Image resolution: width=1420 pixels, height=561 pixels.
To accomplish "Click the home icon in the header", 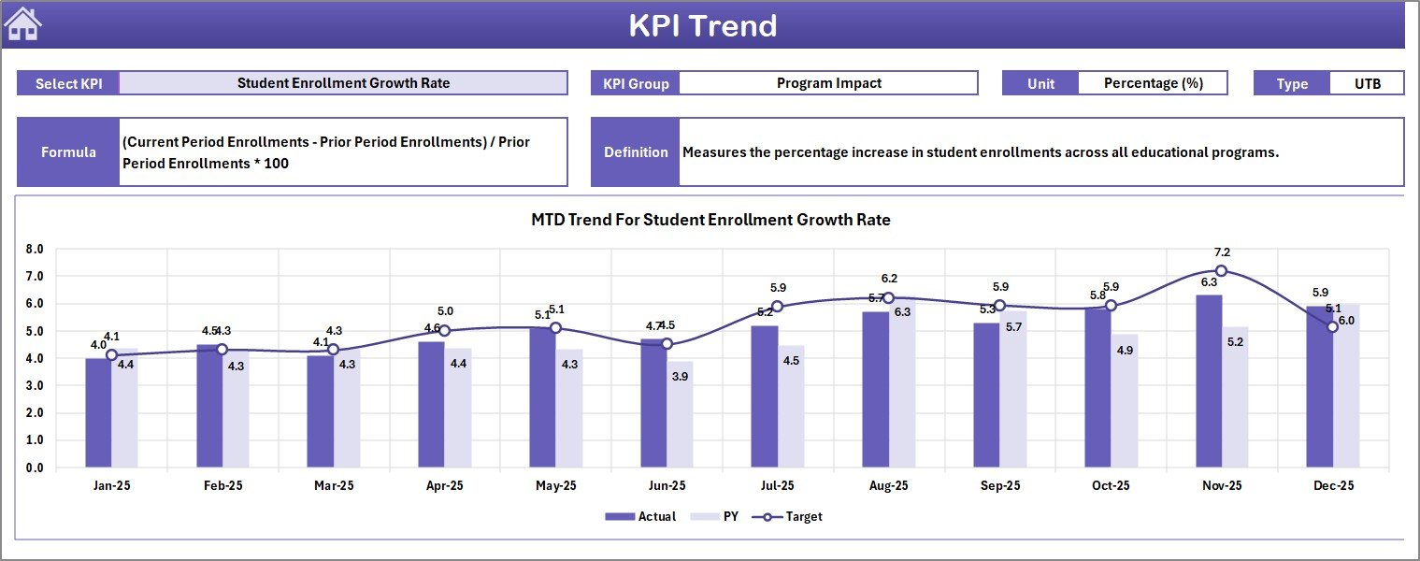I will click(x=23, y=24).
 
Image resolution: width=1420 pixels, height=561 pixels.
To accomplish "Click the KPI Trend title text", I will click(x=702, y=25).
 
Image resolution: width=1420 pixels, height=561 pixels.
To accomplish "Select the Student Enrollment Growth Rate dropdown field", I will click(x=343, y=83).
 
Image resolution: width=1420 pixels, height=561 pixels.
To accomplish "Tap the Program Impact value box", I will click(x=828, y=83).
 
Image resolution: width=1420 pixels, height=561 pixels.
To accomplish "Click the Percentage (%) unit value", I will click(x=1153, y=83).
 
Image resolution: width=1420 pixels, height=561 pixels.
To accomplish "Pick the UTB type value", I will click(x=1367, y=83).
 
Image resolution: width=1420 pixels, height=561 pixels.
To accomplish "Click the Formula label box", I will click(x=68, y=152).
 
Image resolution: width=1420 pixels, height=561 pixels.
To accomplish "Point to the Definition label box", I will click(x=636, y=152).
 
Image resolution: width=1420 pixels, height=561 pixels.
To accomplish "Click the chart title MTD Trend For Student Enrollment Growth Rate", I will click(x=710, y=221).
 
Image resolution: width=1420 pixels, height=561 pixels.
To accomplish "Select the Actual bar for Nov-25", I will click(x=1208, y=381).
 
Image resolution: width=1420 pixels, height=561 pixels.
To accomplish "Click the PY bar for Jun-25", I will click(x=681, y=414).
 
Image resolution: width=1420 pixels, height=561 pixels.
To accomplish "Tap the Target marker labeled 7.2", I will click(x=1221, y=270).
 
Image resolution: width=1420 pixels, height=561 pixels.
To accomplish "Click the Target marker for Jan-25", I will click(x=111, y=355).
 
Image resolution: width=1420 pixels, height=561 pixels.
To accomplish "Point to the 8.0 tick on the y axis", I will click(x=35, y=250).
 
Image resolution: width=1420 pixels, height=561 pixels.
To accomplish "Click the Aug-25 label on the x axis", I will click(x=888, y=486).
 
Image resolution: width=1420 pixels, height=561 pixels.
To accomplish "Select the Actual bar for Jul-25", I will click(x=764, y=396).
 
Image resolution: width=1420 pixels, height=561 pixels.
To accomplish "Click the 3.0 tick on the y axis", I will click(x=35, y=386).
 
